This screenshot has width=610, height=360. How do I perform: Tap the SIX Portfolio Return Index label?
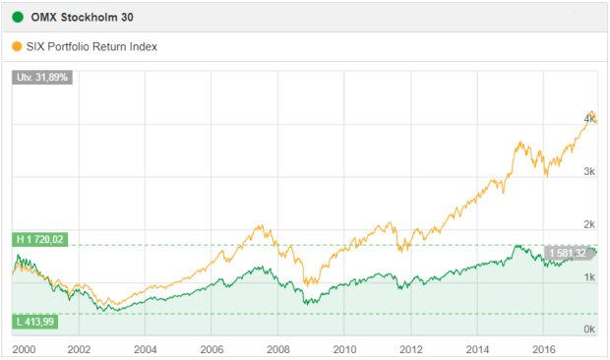[x=94, y=45]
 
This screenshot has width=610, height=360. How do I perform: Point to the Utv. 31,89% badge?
[x=42, y=78]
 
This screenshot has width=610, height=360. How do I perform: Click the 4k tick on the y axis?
[x=589, y=118]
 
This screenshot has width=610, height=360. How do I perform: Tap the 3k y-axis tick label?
[x=589, y=171]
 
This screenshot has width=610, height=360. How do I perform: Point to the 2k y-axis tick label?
[x=589, y=224]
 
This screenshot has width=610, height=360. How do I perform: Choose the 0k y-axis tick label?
[x=589, y=330]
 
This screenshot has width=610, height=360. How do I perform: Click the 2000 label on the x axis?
[x=24, y=348]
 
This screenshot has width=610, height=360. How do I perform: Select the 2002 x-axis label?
[x=79, y=348]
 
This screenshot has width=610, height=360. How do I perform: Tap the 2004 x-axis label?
[x=145, y=348]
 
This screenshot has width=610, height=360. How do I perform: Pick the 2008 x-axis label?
[x=277, y=348]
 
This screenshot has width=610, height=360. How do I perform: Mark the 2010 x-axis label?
[x=343, y=348]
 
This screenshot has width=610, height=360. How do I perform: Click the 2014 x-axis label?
[x=476, y=348]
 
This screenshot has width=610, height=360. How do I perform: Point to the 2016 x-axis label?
[x=542, y=348]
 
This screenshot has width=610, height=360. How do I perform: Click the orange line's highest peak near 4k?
[x=589, y=111]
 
